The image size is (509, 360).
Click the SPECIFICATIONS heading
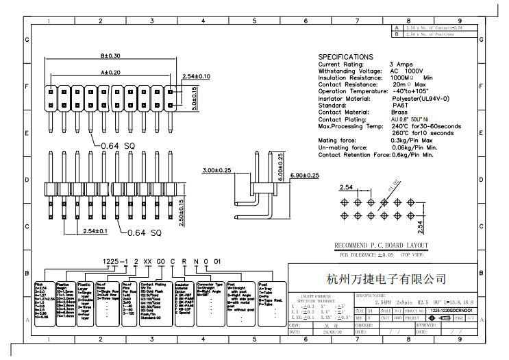click(346, 56)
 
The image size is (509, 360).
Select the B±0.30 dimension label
click(110, 56)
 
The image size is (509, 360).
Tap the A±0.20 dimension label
click(110, 71)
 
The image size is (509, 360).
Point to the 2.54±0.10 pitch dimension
click(196, 76)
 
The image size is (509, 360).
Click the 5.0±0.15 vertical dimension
click(194, 99)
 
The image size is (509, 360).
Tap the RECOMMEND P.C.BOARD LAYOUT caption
click(381, 246)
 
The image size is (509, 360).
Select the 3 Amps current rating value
click(400, 64)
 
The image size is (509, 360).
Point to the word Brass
click(399, 112)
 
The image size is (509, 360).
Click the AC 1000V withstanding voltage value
click(407, 71)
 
